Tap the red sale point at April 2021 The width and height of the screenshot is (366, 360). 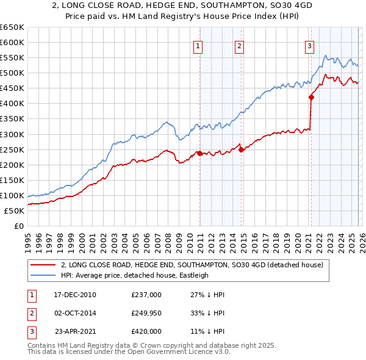click(311, 97)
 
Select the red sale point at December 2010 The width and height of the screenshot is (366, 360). click(200, 153)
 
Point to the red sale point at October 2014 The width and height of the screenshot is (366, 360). click(241, 149)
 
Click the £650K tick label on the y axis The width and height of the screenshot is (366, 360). click(12, 27)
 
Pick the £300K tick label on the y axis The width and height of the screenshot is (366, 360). click(12, 134)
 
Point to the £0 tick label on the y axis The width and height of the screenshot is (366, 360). click(18, 226)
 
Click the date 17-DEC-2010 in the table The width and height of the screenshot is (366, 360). click(75, 295)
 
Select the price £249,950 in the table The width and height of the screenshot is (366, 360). click(146, 313)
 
